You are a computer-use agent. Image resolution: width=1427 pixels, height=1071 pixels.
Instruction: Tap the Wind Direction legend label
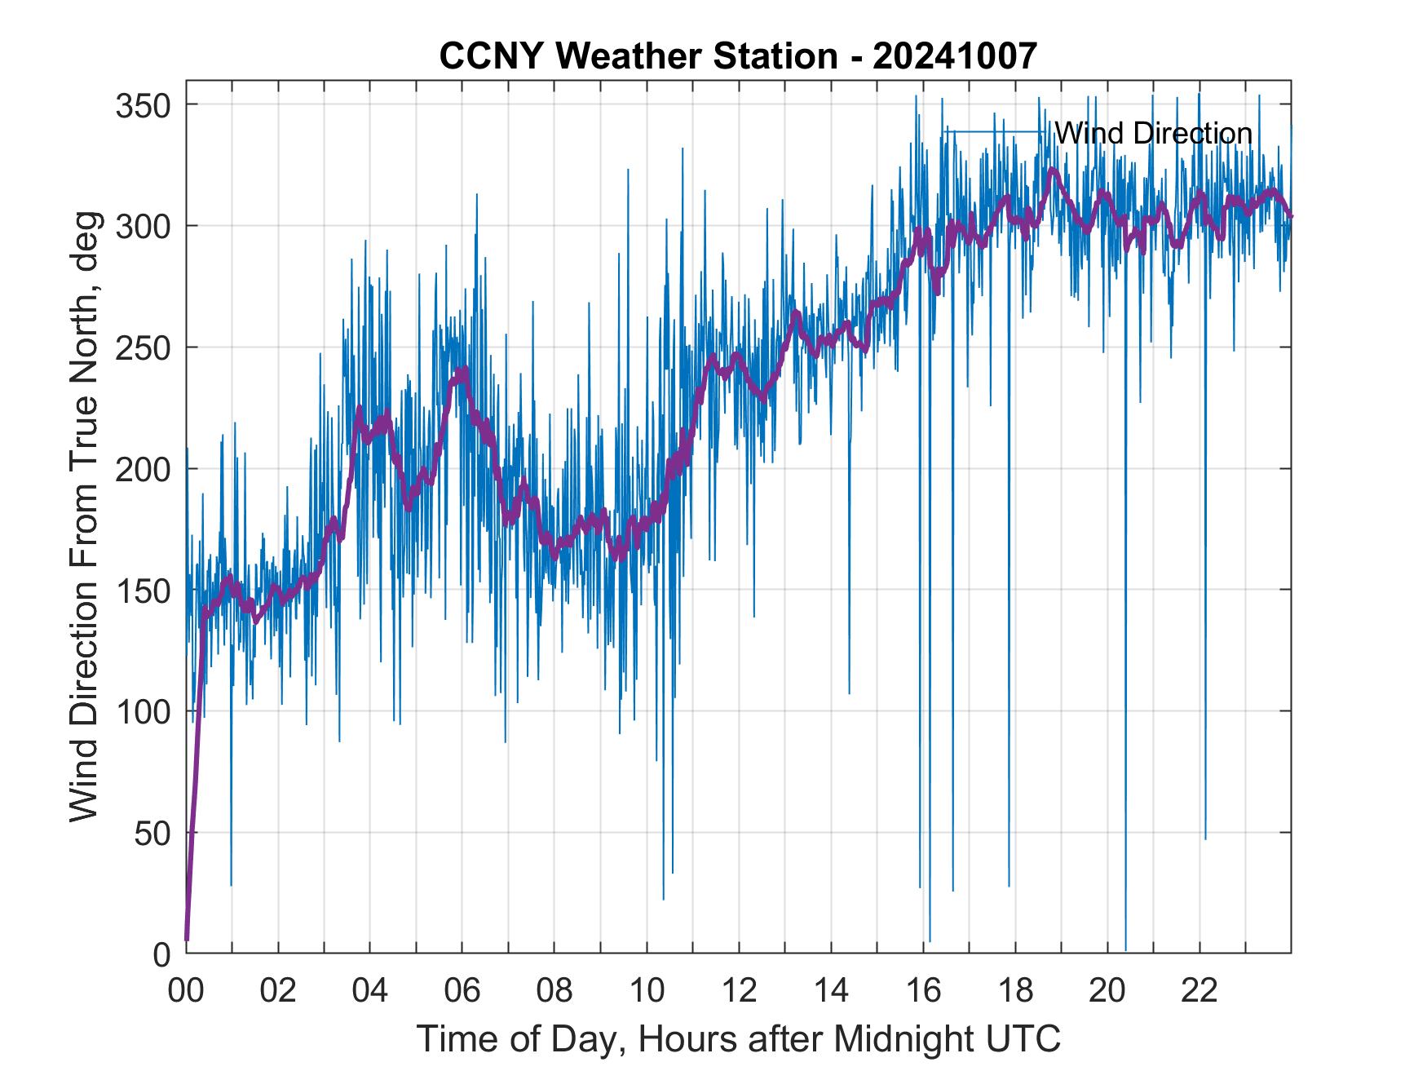click(x=1152, y=133)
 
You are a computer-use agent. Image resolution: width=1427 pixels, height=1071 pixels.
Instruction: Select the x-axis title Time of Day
click(x=738, y=1038)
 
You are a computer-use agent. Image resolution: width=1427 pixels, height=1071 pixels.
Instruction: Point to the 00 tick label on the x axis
click(x=186, y=991)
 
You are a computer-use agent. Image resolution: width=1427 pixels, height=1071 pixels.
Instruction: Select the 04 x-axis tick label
click(x=369, y=991)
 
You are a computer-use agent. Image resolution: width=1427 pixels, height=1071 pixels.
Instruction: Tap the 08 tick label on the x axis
click(x=554, y=991)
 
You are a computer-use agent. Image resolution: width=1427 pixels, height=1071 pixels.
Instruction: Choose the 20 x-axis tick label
click(x=1107, y=991)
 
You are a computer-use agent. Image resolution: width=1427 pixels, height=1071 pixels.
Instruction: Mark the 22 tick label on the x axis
click(x=1199, y=991)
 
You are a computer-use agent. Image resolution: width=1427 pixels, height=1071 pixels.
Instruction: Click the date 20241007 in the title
click(x=955, y=56)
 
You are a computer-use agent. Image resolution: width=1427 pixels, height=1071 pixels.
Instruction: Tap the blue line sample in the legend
click(x=994, y=132)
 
